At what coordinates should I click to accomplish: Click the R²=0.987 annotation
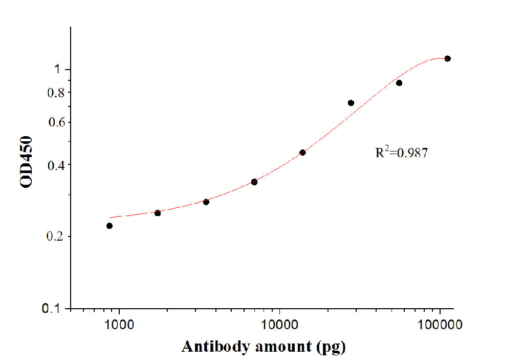click(401, 152)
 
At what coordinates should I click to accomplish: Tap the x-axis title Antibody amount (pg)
click(264, 347)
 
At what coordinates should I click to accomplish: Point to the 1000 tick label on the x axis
click(119, 325)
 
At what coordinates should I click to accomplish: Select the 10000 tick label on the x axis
click(279, 325)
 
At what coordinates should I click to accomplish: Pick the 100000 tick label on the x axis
click(441, 325)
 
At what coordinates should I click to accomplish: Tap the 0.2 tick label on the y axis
click(55, 237)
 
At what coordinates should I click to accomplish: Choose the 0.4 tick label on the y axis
click(55, 165)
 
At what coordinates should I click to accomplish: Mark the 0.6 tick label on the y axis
click(55, 122)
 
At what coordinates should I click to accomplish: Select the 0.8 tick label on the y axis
click(55, 93)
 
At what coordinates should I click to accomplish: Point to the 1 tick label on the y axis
click(59, 69)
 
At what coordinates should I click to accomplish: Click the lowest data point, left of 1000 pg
click(110, 226)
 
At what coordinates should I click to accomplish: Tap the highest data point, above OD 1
click(448, 58)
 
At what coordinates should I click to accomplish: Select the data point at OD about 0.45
click(302, 153)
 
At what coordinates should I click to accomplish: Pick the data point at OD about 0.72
click(351, 103)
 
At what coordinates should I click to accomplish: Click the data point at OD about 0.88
click(399, 83)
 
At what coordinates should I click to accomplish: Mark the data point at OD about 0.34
click(254, 182)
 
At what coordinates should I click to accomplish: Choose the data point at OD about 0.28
click(206, 202)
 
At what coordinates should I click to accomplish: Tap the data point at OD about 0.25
click(158, 213)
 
